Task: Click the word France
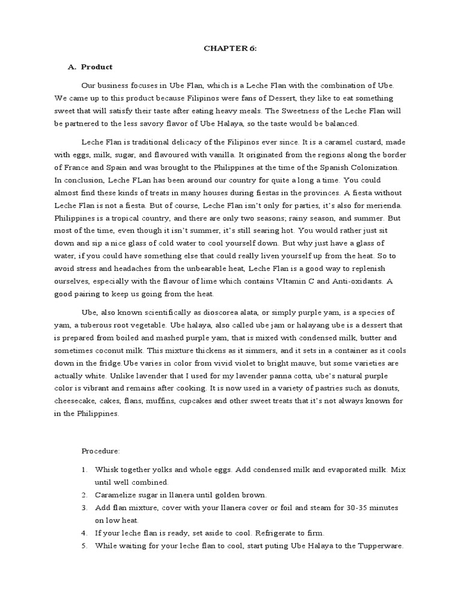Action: click(76, 168)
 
